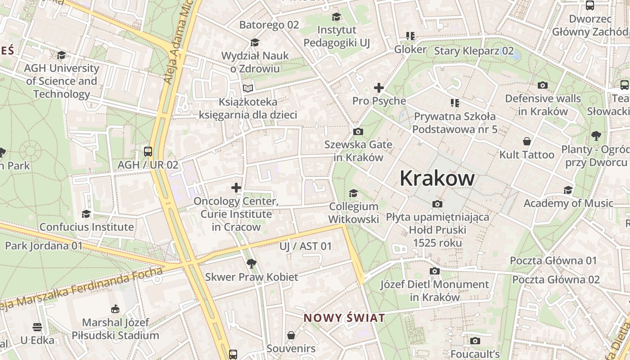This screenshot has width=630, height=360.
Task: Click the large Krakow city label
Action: [437, 178]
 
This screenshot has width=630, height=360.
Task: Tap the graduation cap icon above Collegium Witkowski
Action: [353, 193]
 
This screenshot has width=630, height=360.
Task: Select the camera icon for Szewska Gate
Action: [358, 131]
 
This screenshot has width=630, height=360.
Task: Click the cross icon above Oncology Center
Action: [236, 188]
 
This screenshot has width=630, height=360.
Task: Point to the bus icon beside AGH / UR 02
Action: [148, 151]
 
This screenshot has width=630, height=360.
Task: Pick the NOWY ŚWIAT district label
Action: [344, 318]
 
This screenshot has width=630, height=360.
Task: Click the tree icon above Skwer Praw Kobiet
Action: [252, 263]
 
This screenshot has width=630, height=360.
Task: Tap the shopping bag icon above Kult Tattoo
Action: [527, 141]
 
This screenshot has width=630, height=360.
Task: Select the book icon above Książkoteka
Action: [248, 88]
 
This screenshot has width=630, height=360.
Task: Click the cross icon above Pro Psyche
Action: [379, 87]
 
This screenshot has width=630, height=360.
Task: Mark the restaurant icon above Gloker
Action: [410, 36]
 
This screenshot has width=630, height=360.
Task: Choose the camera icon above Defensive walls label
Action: [543, 85]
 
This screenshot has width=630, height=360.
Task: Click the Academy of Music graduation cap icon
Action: [568, 190]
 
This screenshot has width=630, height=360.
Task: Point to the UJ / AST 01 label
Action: [306, 246]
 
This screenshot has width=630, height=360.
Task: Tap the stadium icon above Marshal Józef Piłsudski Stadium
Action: [115, 309]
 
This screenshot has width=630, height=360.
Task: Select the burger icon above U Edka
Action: [37, 327]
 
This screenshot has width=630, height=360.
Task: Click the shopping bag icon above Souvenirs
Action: [291, 335]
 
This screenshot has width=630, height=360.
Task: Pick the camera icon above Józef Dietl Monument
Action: [434, 271]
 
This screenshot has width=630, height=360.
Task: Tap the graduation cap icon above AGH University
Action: [61, 55]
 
